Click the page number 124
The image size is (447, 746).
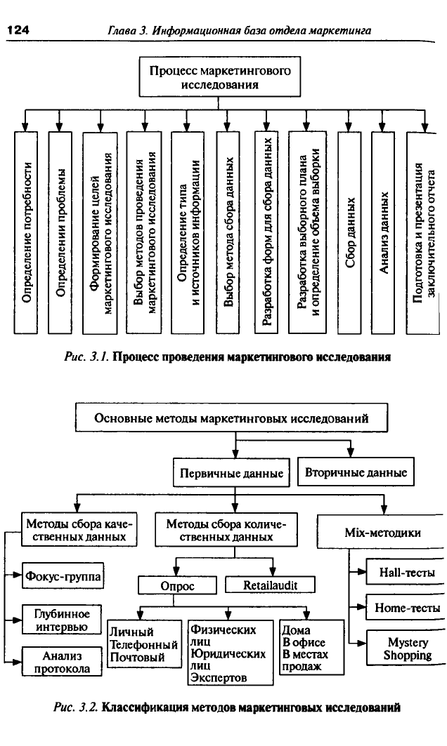click(x=18, y=30)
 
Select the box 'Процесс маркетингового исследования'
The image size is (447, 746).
click(x=220, y=78)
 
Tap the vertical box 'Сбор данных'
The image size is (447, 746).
click(x=349, y=232)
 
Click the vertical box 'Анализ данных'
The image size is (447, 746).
click(x=384, y=232)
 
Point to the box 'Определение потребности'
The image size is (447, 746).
click(x=26, y=232)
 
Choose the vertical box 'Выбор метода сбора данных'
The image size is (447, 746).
click(x=228, y=232)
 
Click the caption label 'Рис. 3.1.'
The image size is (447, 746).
click(x=86, y=357)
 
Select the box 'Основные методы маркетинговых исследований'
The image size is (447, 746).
click(x=231, y=418)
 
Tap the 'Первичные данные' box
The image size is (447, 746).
click(x=231, y=472)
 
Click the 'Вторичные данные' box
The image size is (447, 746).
click(x=356, y=472)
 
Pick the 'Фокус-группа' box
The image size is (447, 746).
click(x=63, y=576)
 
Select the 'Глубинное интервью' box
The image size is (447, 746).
click(x=62, y=620)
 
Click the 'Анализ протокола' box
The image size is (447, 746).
click(x=62, y=662)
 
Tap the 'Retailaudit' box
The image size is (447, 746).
click(x=270, y=585)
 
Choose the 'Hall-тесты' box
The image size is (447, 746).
click(x=406, y=572)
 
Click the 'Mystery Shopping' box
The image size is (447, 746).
click(x=406, y=648)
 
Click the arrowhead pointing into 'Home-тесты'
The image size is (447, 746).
click(x=362, y=607)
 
